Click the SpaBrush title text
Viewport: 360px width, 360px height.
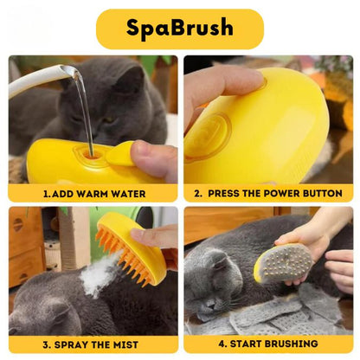[x=180, y=28]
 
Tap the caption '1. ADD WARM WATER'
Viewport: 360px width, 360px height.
[x=94, y=194]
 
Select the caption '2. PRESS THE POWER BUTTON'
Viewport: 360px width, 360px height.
[x=268, y=194]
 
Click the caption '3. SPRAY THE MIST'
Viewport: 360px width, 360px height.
[x=94, y=343]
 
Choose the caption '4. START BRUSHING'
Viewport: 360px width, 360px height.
[x=268, y=343]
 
